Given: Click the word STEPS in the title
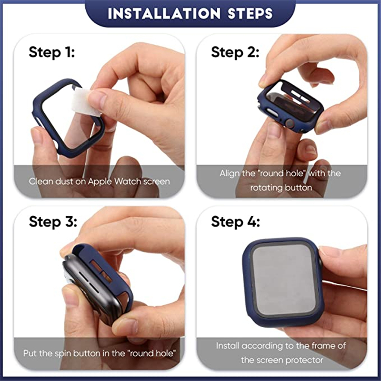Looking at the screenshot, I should [248, 13].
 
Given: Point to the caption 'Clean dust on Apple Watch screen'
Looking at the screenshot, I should [99, 181].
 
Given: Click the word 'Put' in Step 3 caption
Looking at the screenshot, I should [30, 353].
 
